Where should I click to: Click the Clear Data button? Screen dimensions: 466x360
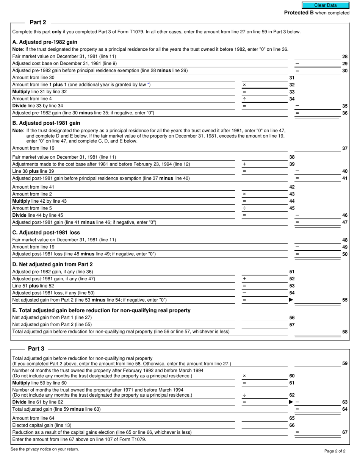tap(325, 5)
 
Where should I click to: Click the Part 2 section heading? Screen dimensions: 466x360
tap(38, 22)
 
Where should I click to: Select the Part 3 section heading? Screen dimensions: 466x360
tap(36, 349)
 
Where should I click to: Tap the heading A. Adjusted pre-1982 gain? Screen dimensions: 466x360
tap(45, 42)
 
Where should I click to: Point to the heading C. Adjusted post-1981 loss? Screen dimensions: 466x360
tap(46, 232)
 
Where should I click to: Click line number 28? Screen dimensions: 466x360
tap(345, 56)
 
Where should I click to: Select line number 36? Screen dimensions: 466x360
tap(345, 113)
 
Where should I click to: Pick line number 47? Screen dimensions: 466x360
tap(345, 222)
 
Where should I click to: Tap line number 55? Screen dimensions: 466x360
tap(345, 300)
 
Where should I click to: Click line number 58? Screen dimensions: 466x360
tap(345, 332)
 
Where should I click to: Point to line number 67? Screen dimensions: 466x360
tap(345, 432)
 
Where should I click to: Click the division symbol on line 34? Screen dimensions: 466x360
tap(244, 99)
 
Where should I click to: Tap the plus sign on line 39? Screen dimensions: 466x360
tap(244, 164)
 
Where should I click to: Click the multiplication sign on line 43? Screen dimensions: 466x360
tap(244, 194)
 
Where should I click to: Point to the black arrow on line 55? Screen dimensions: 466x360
tap(291, 300)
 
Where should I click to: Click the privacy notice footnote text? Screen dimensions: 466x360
tap(45, 449)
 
